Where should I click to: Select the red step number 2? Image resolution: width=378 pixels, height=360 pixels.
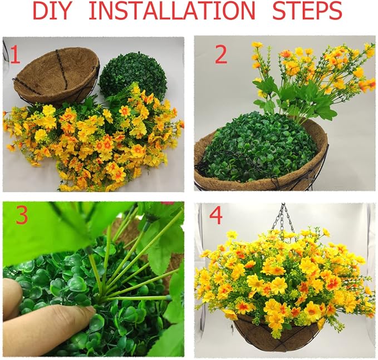pos(221,55)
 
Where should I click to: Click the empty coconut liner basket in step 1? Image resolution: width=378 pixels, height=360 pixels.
pos(56,76)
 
